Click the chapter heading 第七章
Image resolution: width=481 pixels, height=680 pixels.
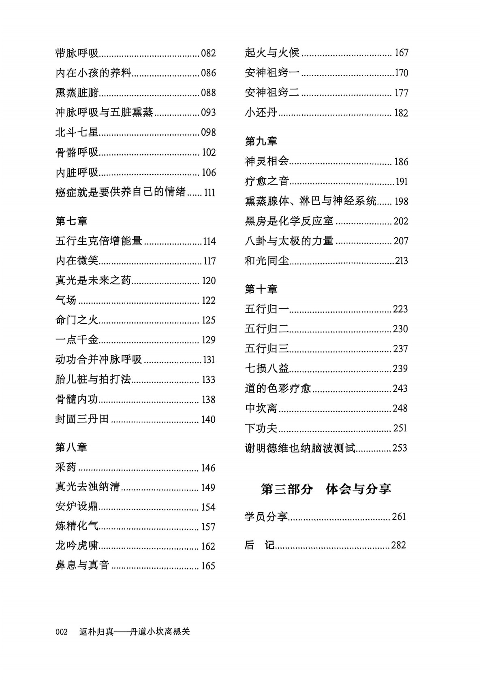(x=71, y=221)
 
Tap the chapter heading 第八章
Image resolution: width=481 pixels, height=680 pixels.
(x=71, y=448)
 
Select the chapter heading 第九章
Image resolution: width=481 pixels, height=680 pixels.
(x=261, y=141)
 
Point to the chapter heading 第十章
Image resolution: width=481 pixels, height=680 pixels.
(x=261, y=289)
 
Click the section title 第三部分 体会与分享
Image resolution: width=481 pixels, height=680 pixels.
(x=326, y=489)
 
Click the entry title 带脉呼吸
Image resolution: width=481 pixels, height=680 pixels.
(x=77, y=53)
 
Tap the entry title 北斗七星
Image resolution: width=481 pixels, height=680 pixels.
(x=77, y=132)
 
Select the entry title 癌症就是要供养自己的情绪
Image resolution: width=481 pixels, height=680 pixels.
(x=120, y=192)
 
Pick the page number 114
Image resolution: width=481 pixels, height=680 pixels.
(x=209, y=241)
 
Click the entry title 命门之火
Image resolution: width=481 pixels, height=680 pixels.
(x=77, y=320)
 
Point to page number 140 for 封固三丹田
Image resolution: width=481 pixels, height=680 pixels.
(x=208, y=420)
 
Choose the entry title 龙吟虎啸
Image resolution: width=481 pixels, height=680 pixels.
(x=77, y=546)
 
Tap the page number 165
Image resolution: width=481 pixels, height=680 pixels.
(x=208, y=566)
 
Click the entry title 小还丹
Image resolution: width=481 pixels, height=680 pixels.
(x=261, y=113)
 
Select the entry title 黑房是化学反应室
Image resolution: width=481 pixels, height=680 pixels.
(x=289, y=221)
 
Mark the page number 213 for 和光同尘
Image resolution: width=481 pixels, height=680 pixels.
(x=401, y=261)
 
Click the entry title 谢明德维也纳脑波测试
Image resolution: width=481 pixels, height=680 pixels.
(x=300, y=448)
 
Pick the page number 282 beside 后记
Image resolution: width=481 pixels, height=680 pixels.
(x=398, y=545)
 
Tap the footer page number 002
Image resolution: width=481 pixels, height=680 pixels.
(x=62, y=632)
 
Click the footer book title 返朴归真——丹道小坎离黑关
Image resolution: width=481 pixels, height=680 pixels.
(x=135, y=632)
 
